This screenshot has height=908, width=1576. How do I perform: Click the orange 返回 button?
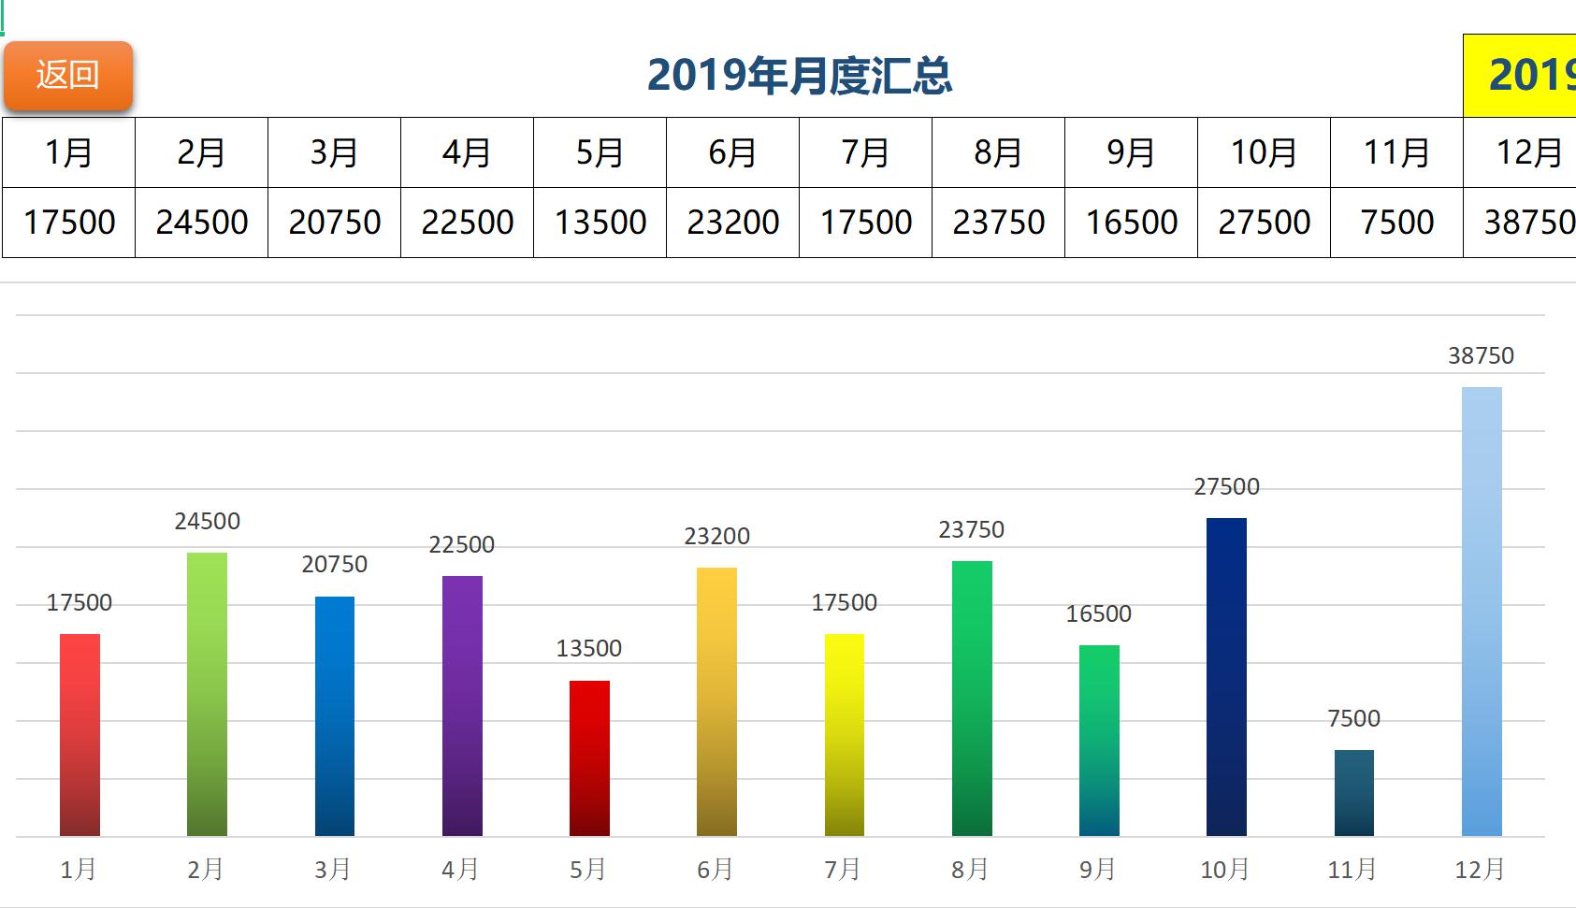(67, 76)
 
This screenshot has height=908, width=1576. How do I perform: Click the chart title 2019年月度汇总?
(799, 76)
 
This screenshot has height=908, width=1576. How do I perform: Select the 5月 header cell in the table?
(600, 152)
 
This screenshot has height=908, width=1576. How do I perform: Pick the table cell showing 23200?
(732, 223)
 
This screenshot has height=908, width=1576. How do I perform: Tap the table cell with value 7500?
(1396, 223)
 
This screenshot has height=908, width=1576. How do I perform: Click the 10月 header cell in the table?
(1264, 152)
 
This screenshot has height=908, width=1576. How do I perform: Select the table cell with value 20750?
(334, 223)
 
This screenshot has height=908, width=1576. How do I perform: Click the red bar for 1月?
(80, 735)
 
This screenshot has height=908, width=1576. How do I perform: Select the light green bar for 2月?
(207, 694)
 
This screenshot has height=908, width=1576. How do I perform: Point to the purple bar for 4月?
(462, 706)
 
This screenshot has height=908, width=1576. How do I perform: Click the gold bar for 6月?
(716, 701)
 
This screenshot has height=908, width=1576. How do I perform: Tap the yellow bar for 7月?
(844, 735)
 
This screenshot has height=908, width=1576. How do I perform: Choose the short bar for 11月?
(1353, 793)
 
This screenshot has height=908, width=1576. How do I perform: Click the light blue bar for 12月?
(1482, 612)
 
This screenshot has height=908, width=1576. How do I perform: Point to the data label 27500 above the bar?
(1226, 487)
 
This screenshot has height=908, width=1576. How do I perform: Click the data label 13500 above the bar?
(588, 649)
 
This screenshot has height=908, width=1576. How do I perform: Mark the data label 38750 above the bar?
(1481, 356)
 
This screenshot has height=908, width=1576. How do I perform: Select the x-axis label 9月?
(1098, 870)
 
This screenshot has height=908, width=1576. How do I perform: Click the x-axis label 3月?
(333, 870)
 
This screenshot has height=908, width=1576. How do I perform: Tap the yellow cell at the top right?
(1520, 76)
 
